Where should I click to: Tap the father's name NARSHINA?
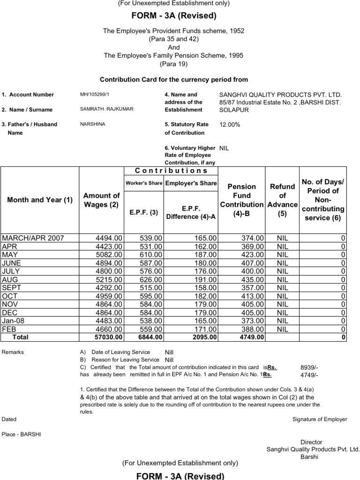click(92, 124)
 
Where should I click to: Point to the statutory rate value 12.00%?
click(230, 125)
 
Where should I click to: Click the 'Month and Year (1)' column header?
click(40, 200)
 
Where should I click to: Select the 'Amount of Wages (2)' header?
click(101, 200)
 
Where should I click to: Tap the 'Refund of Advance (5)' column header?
click(282, 200)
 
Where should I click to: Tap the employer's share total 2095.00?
click(204, 337)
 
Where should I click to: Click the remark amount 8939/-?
click(309, 367)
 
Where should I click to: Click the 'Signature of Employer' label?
click(320, 419)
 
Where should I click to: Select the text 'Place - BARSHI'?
click(21, 434)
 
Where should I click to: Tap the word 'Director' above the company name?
click(311, 442)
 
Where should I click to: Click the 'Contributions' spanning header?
click(171, 171)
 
